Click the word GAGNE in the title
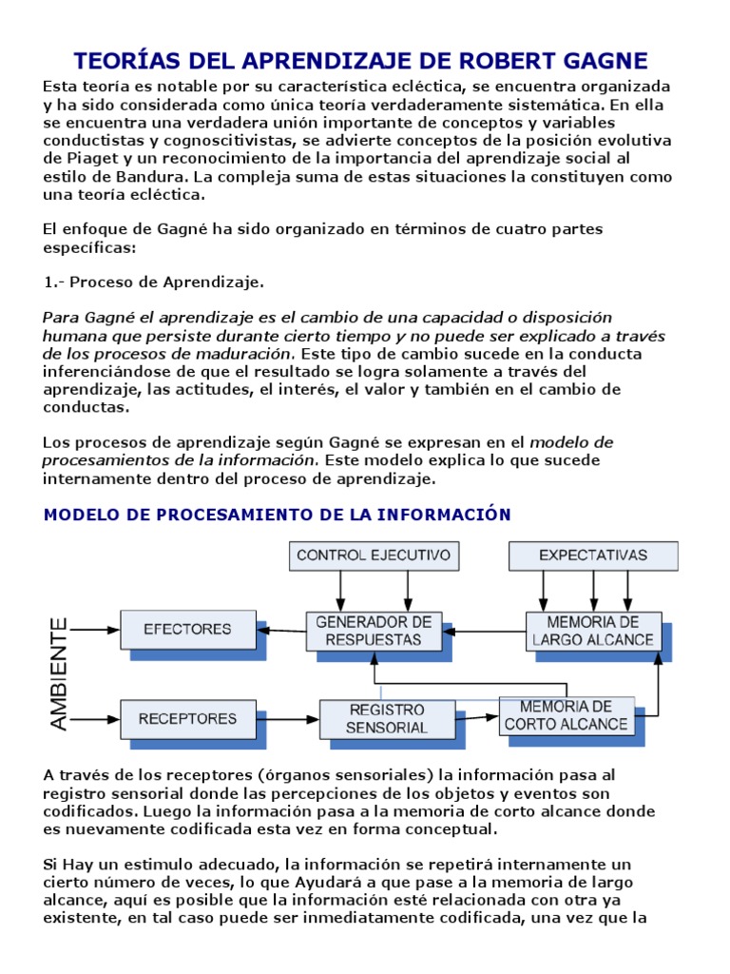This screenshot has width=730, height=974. [598, 61]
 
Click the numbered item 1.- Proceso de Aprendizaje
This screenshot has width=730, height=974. [155, 282]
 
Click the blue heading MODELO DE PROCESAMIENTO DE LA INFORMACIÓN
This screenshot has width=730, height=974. [278, 515]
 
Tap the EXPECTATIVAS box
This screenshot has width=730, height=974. [593, 555]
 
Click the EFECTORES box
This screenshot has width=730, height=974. [187, 629]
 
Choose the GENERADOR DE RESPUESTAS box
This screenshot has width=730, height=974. [374, 630]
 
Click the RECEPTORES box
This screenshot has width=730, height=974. [186, 719]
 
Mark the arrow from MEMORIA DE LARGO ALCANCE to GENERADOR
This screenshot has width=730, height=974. [484, 630]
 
